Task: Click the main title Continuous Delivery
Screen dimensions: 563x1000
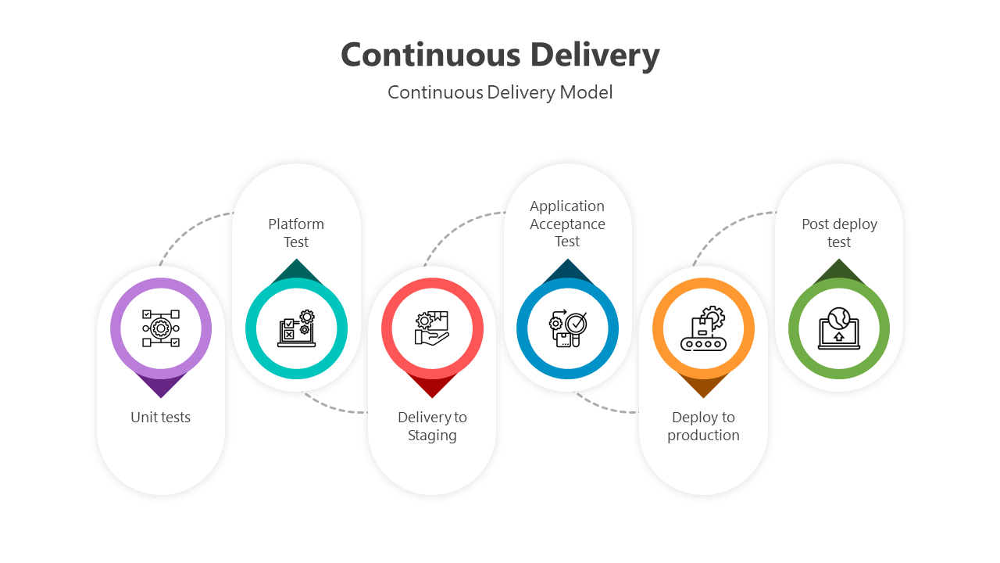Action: click(500, 55)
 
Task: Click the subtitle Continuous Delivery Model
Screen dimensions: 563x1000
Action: click(500, 92)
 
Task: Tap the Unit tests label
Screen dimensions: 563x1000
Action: click(161, 418)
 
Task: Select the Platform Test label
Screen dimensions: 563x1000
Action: click(296, 233)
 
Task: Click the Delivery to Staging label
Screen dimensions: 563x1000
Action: click(432, 426)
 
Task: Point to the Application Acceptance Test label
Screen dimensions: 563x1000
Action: click(567, 224)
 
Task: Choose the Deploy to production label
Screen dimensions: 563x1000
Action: click(703, 426)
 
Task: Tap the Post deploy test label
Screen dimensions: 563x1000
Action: click(839, 233)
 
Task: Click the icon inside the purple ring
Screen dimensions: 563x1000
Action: click(161, 328)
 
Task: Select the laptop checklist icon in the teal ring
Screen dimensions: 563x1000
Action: click(296, 328)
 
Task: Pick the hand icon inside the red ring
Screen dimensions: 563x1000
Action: click(432, 328)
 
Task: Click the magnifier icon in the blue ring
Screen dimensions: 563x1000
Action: click(567, 328)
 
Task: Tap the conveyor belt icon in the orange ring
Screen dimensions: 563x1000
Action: click(703, 328)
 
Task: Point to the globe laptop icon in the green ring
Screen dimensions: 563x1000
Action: click(839, 328)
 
